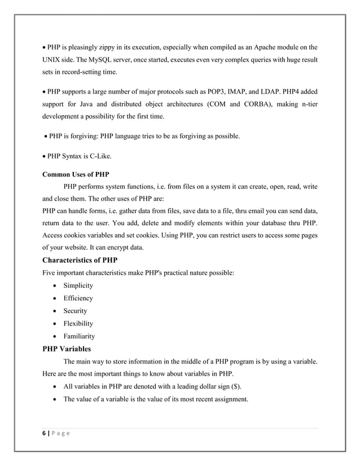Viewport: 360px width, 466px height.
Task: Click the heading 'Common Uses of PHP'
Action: [76, 174]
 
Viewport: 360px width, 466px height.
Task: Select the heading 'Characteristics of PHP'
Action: [80, 260]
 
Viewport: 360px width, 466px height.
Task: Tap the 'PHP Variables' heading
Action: [70, 349]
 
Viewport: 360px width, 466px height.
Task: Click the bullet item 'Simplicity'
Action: [78, 285]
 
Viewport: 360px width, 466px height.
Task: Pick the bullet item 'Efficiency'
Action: [78, 298]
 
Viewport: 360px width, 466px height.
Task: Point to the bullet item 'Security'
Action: [75, 311]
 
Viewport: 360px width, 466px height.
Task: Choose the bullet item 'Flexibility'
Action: [78, 323]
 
